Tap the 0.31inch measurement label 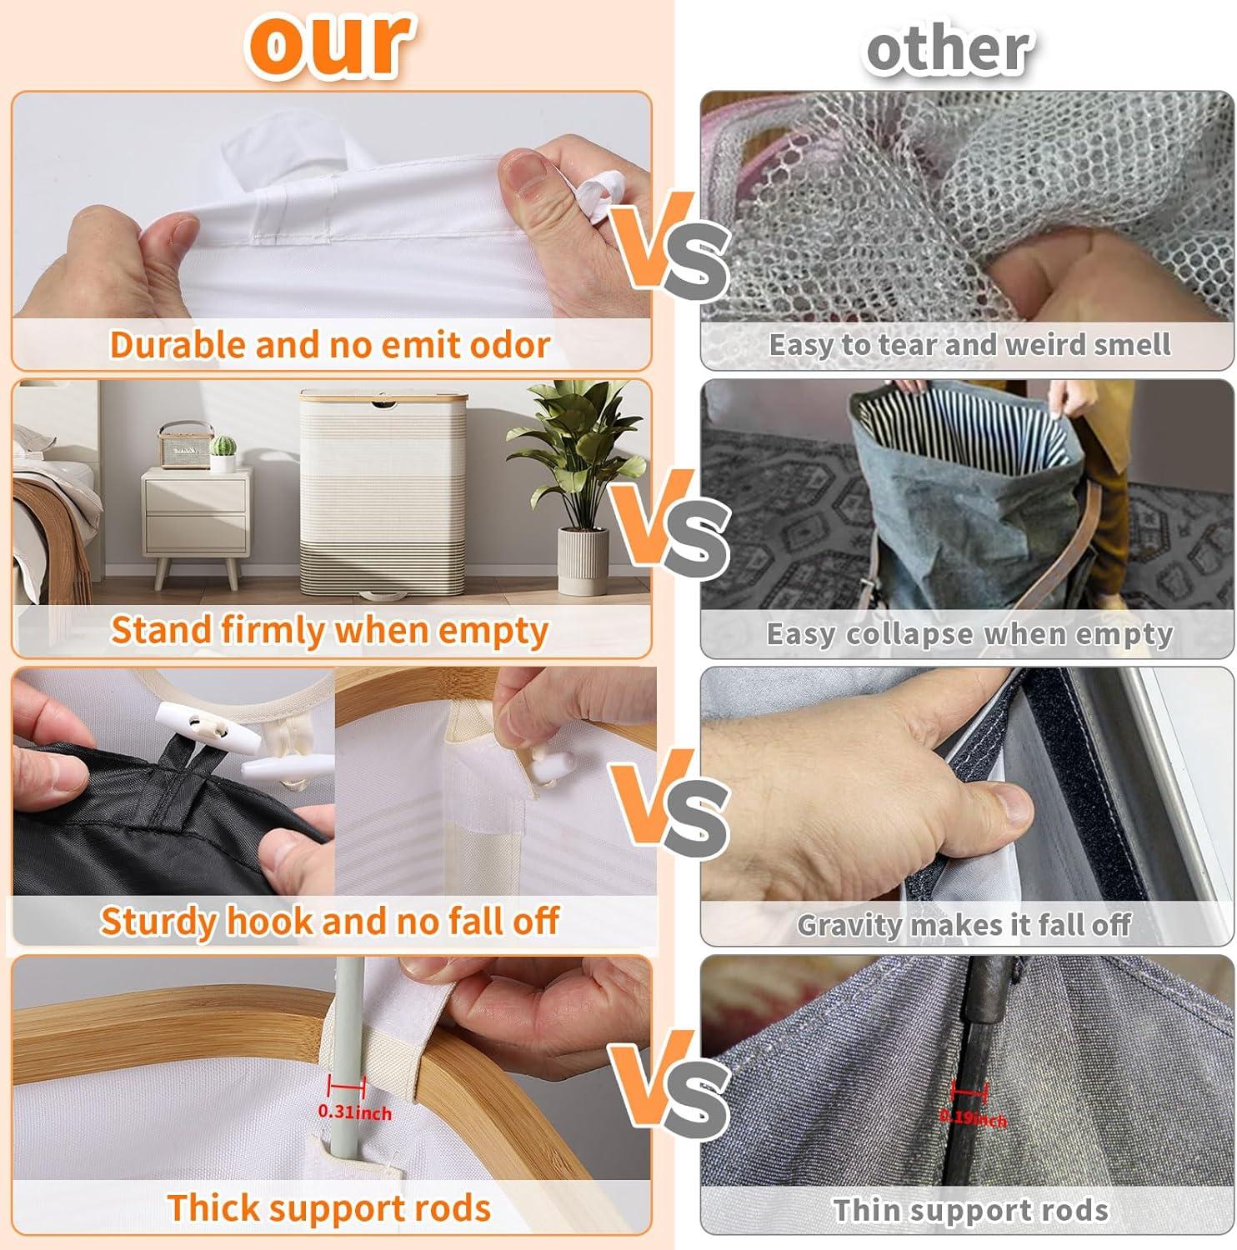[x=354, y=1112]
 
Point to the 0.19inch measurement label [x=973, y=1117]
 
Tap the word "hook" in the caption [x=268, y=920]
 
